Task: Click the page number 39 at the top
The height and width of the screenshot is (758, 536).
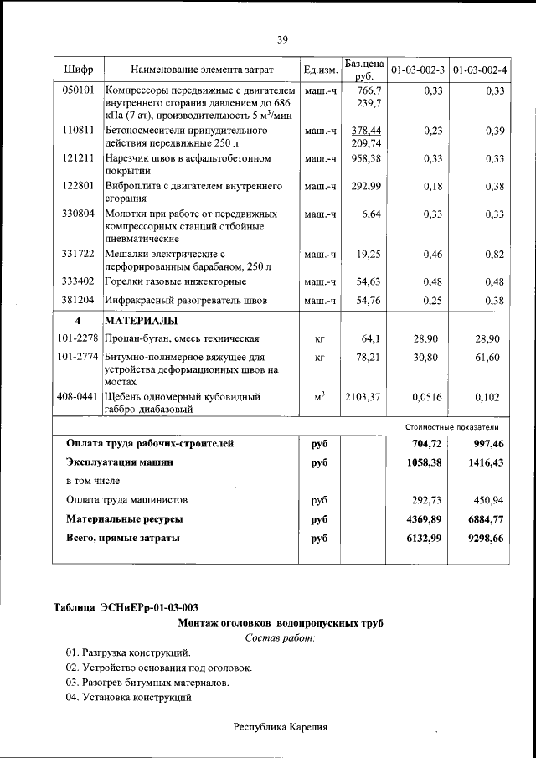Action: click(x=282, y=38)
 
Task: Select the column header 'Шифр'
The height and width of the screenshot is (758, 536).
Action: click(x=77, y=69)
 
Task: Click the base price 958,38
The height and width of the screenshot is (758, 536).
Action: click(x=365, y=157)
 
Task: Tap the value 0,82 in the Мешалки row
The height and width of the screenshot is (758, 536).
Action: click(x=494, y=253)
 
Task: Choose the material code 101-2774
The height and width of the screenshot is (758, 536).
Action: click(x=77, y=357)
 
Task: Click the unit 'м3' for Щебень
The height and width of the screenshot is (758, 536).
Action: click(x=320, y=397)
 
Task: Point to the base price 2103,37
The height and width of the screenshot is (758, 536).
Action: click(x=362, y=397)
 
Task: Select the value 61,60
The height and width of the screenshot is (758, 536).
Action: click(x=487, y=357)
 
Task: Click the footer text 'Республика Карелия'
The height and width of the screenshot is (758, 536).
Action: click(x=279, y=727)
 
